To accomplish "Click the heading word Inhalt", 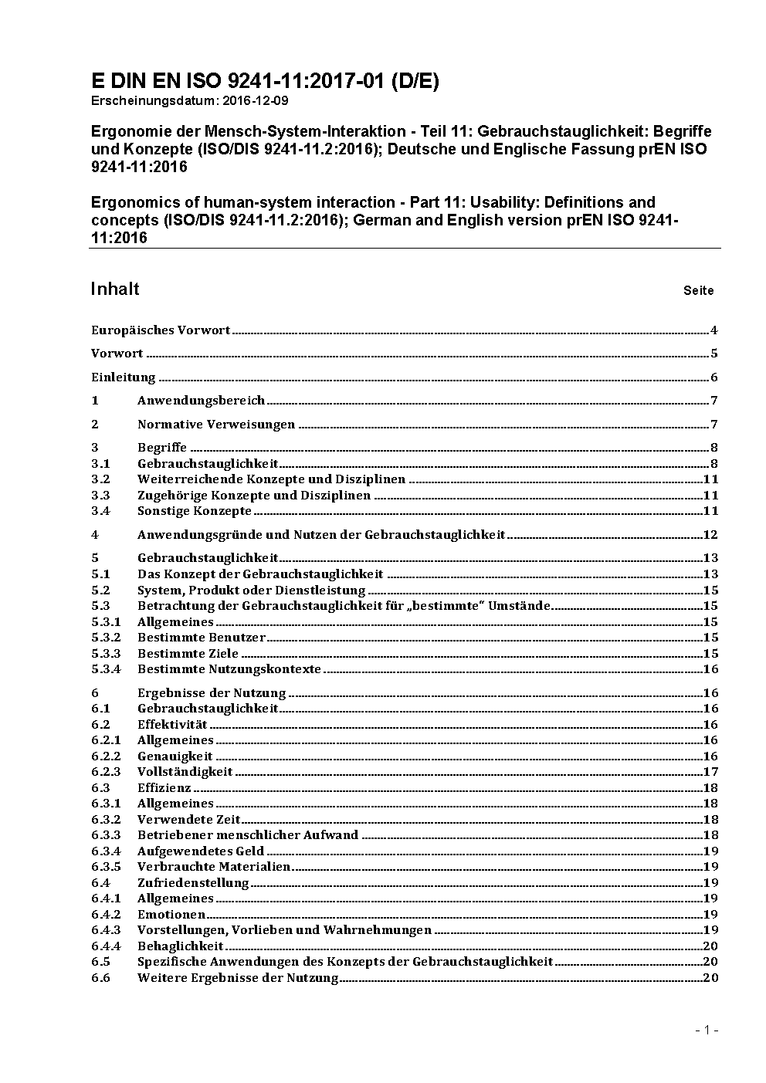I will click(115, 289).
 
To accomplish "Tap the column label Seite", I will click(698, 291).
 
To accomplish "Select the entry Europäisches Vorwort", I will click(161, 330).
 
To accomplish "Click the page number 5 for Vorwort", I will click(714, 354).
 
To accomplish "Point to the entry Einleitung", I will click(124, 377).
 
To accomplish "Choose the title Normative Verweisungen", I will click(216, 425).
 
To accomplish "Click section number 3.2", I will click(100, 479).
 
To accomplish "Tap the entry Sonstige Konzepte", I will click(195, 511).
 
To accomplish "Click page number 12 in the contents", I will click(710, 535).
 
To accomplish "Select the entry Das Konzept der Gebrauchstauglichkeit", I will click(260, 574).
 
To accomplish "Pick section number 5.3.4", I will click(106, 669).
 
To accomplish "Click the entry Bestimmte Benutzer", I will click(202, 638).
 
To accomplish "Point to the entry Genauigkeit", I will click(175, 756).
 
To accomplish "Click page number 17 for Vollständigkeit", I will click(710, 772).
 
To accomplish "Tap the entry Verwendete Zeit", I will click(189, 820).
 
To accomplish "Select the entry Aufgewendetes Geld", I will click(201, 851).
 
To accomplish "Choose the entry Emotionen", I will click(171, 915).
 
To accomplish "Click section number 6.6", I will click(100, 978).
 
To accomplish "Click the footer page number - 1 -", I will click(707, 1030).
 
